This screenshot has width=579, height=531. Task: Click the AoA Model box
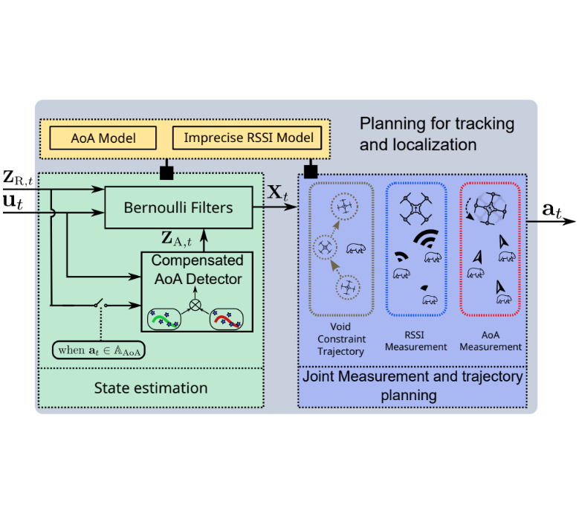tap(103, 138)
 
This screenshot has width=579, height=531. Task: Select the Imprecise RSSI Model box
tap(248, 138)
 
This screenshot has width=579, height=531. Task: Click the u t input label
tap(13, 202)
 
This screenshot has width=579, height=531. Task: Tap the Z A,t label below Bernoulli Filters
tap(177, 239)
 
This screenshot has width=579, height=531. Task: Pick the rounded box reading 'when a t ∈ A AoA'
tap(98, 350)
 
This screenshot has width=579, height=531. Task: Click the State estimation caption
tap(151, 387)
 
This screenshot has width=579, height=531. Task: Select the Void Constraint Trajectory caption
tap(340, 340)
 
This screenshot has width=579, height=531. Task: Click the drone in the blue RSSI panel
tap(416, 209)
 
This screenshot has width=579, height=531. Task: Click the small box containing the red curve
tap(229, 318)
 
